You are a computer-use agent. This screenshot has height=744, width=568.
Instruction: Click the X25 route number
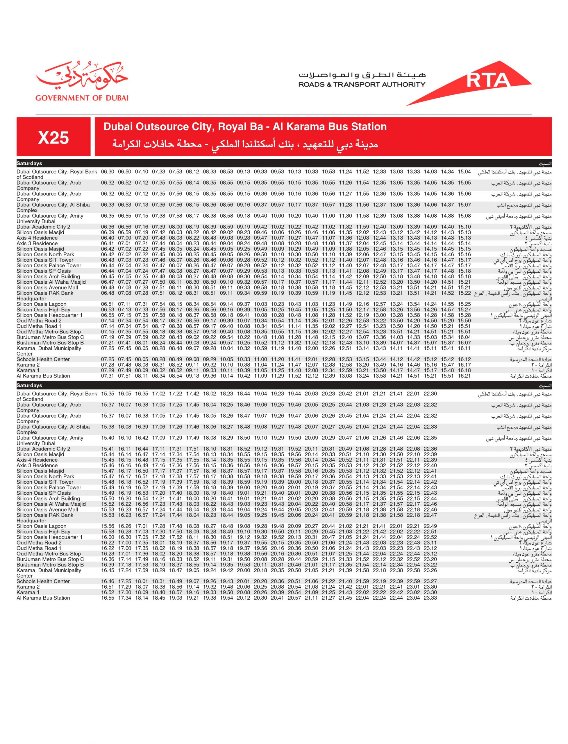(x=53, y=137)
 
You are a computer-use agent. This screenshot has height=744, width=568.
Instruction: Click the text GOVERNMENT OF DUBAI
(x=82, y=98)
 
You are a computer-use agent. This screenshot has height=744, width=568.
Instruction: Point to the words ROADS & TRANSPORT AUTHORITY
(x=361, y=85)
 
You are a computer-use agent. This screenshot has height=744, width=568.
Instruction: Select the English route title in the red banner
(x=245, y=127)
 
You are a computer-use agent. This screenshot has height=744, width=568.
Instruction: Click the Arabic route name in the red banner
(x=245, y=144)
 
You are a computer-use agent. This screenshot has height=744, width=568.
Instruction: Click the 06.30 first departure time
(x=108, y=172)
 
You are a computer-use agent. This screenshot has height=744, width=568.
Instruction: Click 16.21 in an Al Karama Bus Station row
(x=464, y=376)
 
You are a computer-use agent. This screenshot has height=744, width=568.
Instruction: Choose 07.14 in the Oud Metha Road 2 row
(x=108, y=321)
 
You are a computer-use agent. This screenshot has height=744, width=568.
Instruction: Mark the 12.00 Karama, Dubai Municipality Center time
(x=311, y=348)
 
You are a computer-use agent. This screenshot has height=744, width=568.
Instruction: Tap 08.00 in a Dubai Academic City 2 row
(x=176, y=227)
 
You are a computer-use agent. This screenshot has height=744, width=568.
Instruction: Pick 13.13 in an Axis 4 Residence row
(x=396, y=238)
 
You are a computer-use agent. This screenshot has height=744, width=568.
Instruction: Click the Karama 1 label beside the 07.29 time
(x=28, y=370)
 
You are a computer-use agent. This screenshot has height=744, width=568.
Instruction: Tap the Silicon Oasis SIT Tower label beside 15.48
(x=45, y=482)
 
